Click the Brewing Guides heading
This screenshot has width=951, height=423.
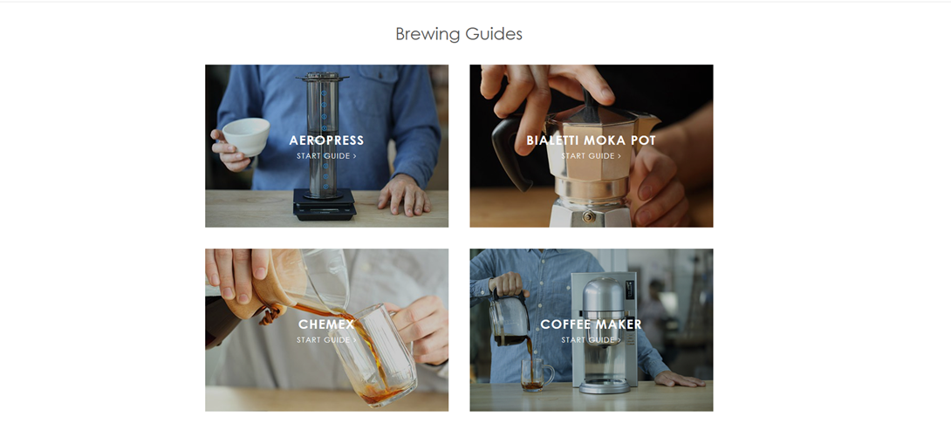(459, 34)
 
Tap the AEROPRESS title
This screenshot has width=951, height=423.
(326, 140)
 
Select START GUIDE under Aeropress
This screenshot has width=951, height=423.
(326, 156)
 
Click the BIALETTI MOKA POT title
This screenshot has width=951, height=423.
(591, 140)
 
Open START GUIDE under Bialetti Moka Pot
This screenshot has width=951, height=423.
(591, 156)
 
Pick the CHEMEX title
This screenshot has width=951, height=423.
(326, 324)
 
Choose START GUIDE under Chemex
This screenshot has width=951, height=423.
(326, 340)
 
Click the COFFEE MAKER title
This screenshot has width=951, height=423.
(591, 324)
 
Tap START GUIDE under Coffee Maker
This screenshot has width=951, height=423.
(591, 340)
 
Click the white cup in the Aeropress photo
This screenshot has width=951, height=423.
(246, 136)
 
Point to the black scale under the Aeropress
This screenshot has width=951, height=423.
(325, 204)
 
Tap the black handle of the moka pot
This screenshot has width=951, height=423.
(510, 152)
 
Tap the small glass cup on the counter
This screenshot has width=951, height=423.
(537, 374)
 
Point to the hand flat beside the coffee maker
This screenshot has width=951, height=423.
(680, 379)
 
